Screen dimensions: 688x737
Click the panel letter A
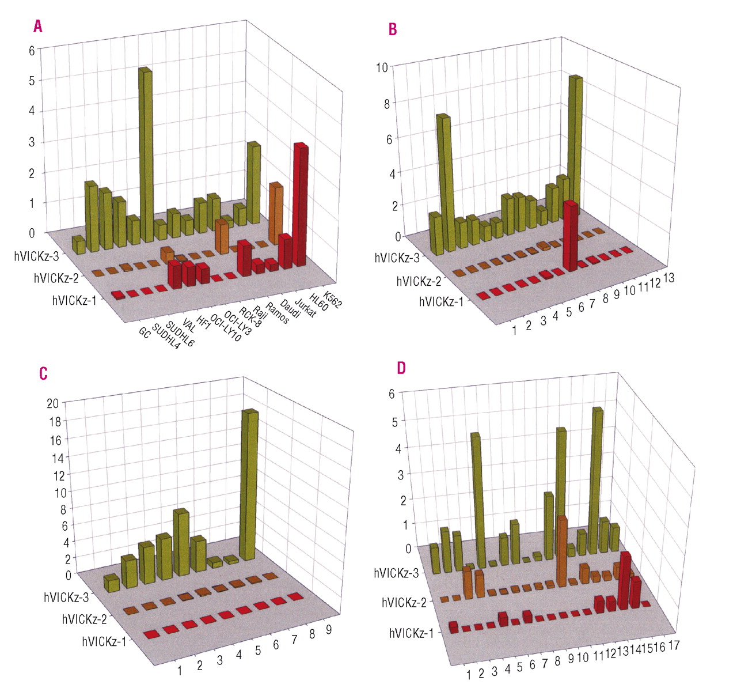tap(38, 26)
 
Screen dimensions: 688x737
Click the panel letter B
tap(393, 29)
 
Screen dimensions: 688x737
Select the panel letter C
tap(43, 373)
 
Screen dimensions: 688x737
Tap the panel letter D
tap(401, 368)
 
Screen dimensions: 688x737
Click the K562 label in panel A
tap(332, 300)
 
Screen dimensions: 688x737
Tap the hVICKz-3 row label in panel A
tap(36, 256)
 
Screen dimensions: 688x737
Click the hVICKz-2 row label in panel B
tap(419, 281)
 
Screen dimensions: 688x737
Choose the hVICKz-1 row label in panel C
tap(104, 641)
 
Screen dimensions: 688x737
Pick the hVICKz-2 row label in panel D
tap(404, 603)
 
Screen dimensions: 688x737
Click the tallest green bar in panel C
tap(249, 484)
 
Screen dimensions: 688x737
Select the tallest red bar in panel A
tap(301, 205)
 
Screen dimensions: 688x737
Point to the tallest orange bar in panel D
tap(561, 550)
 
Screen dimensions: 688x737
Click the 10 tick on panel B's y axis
tap(382, 67)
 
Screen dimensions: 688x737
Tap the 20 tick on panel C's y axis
tap(53, 403)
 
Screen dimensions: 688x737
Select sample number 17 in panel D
tap(674, 645)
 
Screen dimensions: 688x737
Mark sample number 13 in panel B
tap(668, 278)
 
